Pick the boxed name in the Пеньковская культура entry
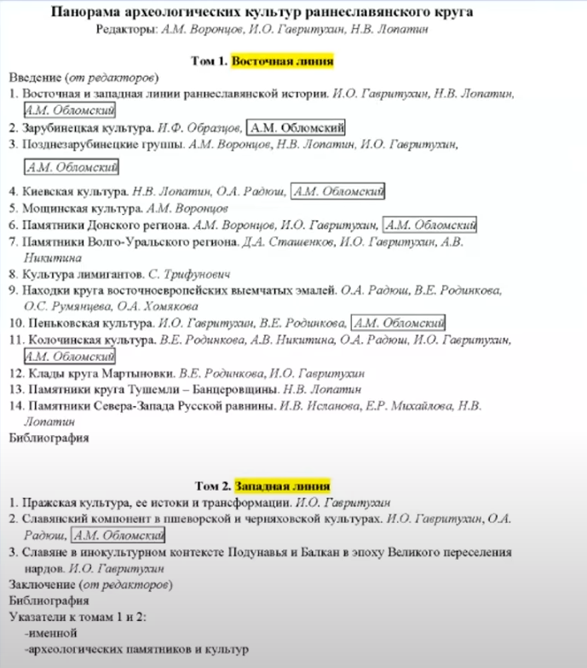[398, 323]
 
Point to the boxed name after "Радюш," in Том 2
[118, 535]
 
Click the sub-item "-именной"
[51, 633]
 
